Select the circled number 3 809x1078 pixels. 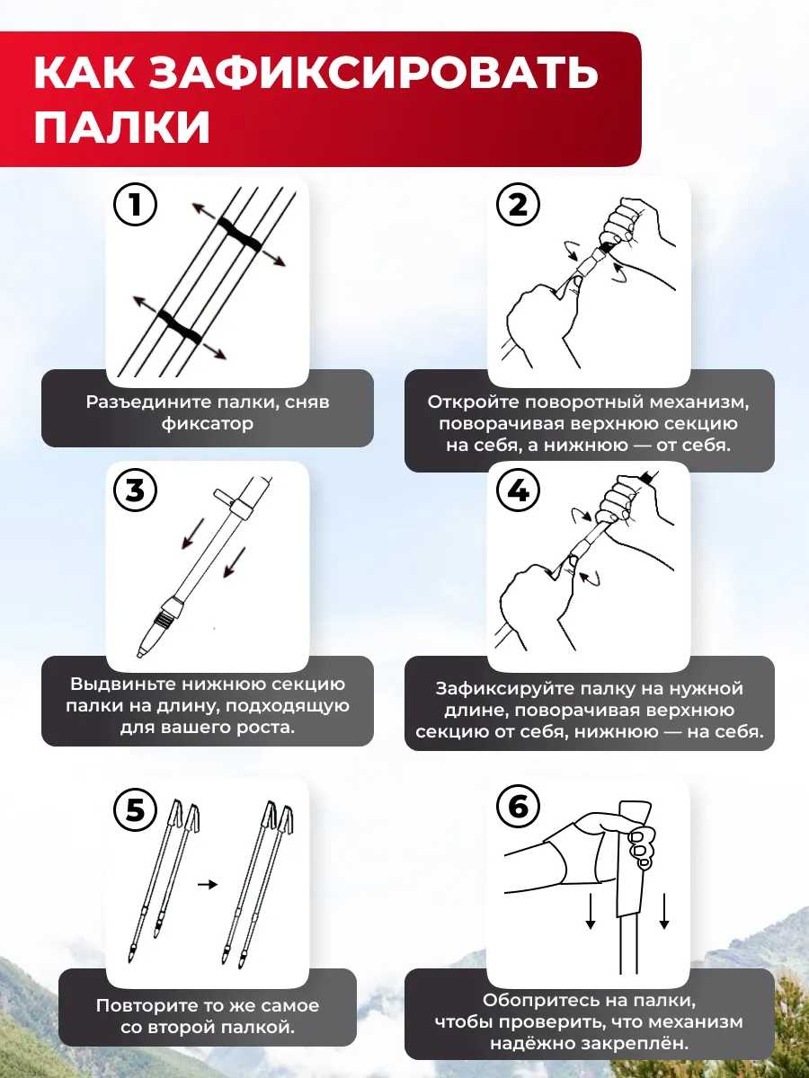135,490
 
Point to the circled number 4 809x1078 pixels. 518,490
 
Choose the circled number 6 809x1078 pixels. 518,807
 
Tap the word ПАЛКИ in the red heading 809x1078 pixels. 122,127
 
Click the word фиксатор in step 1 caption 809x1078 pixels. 208,423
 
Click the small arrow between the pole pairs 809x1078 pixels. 208,885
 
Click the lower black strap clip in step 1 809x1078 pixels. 180,326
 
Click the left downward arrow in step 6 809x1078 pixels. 590,912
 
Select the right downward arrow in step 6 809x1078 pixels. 664,912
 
